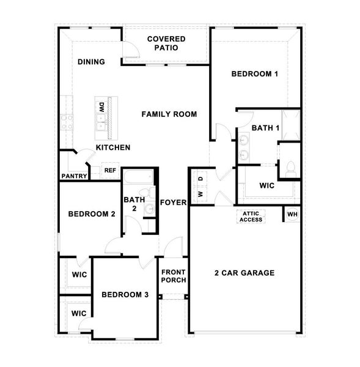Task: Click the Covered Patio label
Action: tap(166, 43)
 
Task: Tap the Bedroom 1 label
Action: tap(255, 74)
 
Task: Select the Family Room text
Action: tap(169, 114)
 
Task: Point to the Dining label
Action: tap(91, 62)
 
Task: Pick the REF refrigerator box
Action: tap(110, 171)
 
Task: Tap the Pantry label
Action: tap(74, 176)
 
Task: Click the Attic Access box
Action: tap(251, 216)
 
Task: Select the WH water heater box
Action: tap(292, 215)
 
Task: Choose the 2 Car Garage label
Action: tap(244, 273)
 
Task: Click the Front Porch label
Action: tap(173, 276)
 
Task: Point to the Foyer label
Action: tap(173, 202)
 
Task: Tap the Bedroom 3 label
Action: tap(125, 295)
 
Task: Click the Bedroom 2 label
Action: tap(92, 214)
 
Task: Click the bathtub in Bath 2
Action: tap(138, 178)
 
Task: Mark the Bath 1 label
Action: tap(266, 128)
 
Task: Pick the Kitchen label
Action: tap(112, 148)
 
